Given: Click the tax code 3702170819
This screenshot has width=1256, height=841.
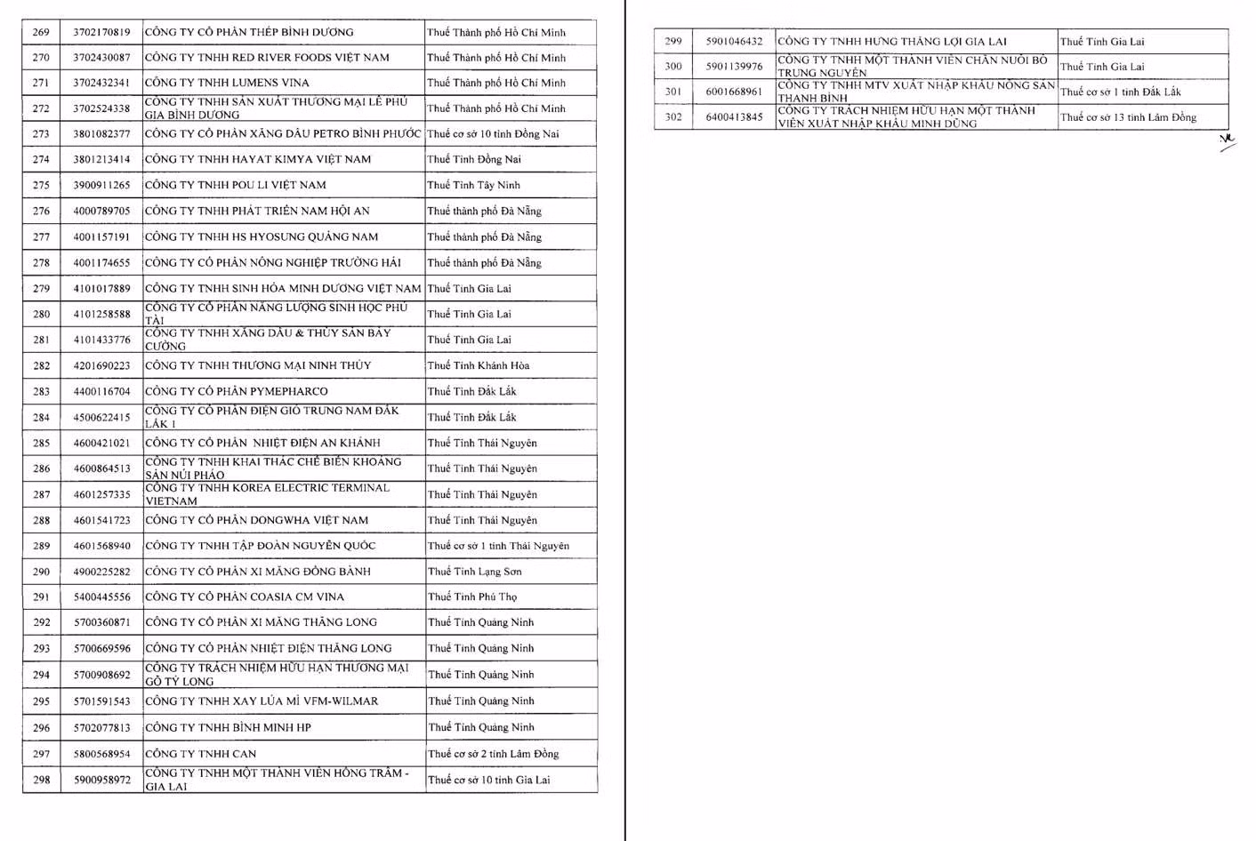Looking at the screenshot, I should [101, 32].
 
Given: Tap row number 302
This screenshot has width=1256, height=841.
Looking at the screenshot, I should [673, 116].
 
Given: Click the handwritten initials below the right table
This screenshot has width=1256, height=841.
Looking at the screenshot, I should [1228, 141].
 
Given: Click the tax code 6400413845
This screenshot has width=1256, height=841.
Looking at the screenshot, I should [734, 116].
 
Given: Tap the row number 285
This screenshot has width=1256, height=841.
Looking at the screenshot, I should [41, 443].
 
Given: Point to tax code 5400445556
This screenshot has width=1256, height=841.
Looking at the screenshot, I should [101, 597].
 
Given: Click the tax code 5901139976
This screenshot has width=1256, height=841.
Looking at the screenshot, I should [734, 66].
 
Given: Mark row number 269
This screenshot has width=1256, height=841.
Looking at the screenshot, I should [41, 32].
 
